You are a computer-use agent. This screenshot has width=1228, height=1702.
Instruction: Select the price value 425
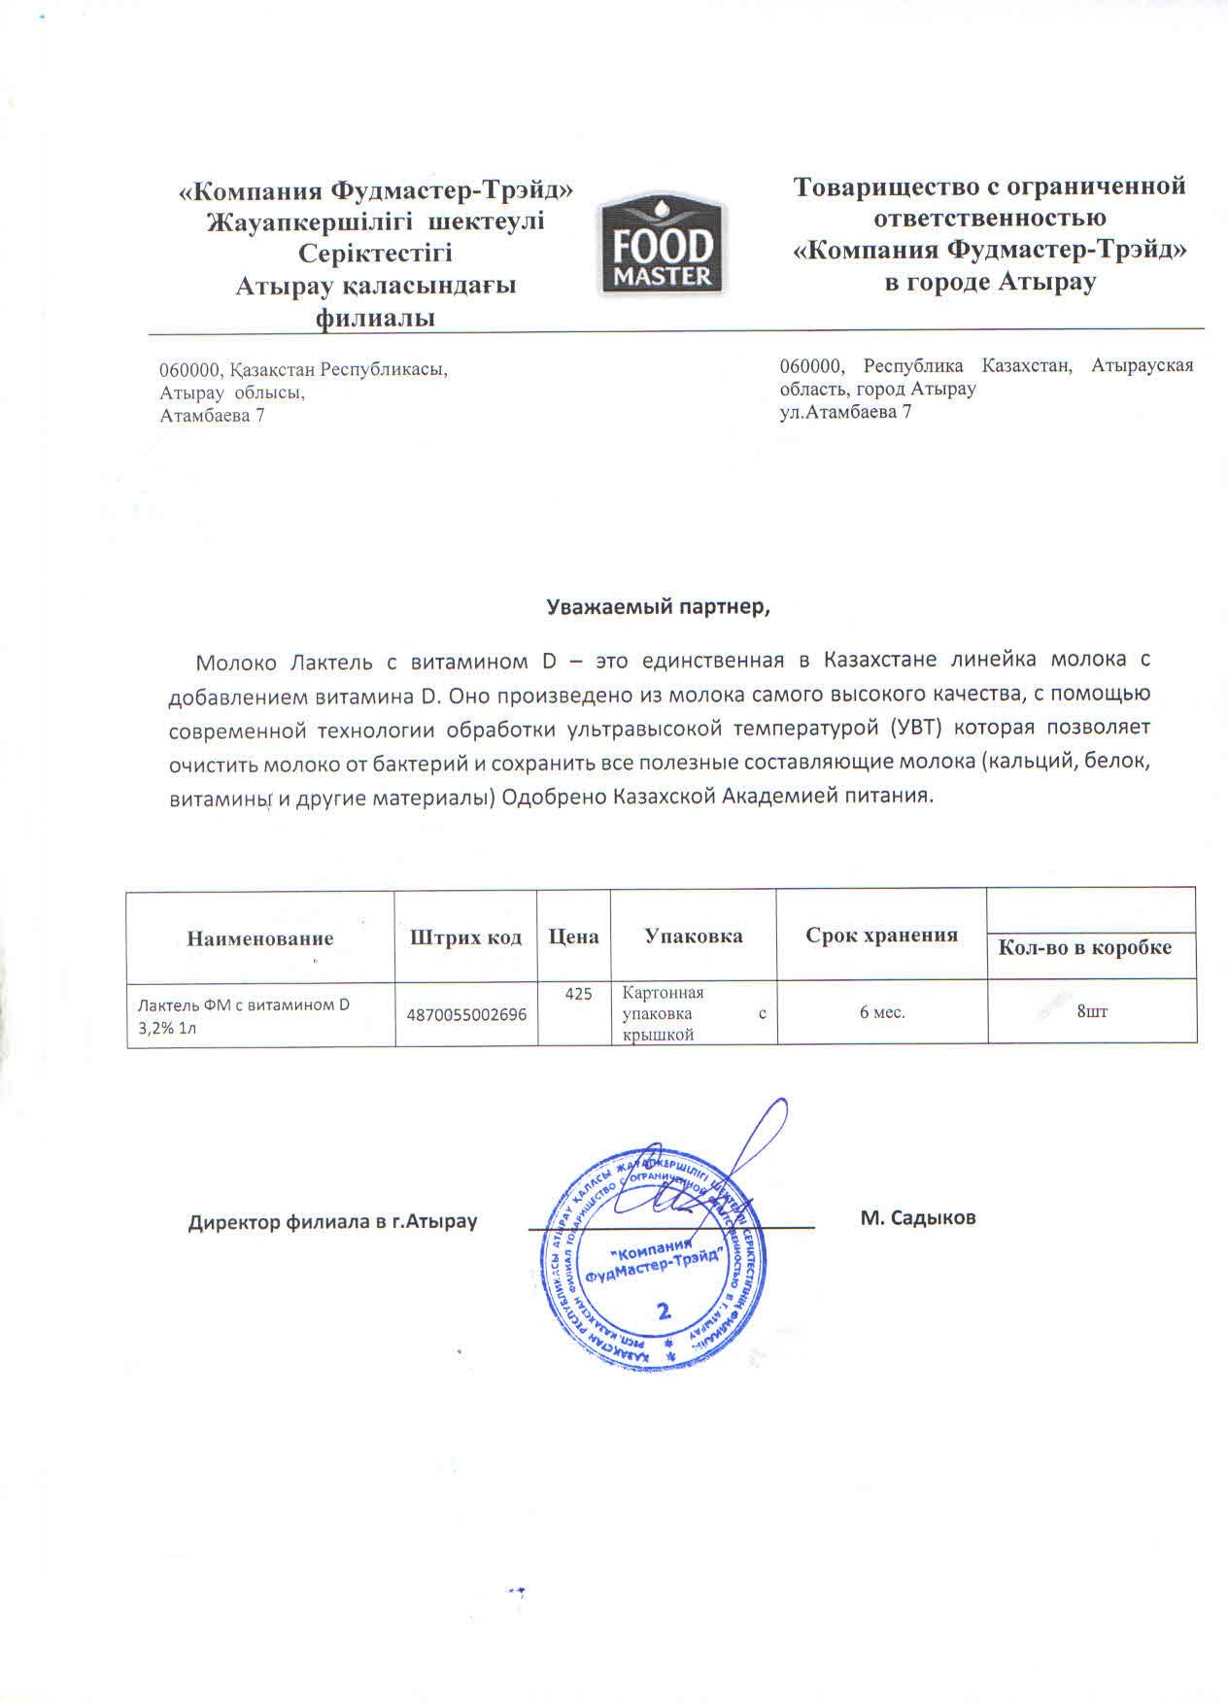[578, 994]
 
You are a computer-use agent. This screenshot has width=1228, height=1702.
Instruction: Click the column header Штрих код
[466, 936]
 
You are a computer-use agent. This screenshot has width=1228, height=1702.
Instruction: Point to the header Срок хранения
[881, 935]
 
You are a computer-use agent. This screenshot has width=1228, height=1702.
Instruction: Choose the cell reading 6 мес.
[882, 1012]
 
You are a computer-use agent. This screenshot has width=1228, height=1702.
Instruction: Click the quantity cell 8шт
[1092, 1012]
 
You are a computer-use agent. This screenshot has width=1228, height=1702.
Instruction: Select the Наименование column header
[260, 937]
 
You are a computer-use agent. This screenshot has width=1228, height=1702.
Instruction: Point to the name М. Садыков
[917, 1217]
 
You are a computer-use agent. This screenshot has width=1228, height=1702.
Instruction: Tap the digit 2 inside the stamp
[665, 1311]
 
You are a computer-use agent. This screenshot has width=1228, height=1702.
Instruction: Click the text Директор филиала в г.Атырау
[332, 1221]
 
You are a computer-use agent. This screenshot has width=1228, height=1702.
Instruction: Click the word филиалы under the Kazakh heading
[375, 318]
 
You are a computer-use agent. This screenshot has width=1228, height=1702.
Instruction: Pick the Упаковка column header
[694, 936]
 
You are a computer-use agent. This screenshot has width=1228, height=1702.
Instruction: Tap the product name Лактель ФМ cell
[243, 1015]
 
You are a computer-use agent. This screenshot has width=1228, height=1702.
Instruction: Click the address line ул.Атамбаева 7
[845, 411]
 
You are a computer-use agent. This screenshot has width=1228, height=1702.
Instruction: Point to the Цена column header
[573, 936]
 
